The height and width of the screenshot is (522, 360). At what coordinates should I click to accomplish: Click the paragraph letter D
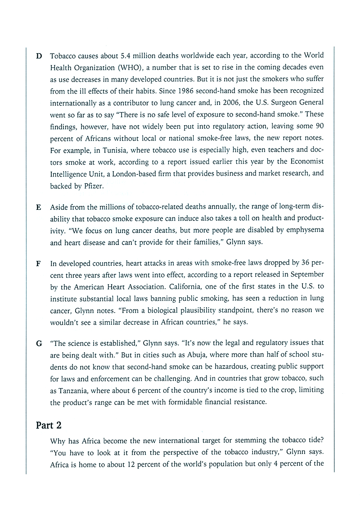coord(39,56)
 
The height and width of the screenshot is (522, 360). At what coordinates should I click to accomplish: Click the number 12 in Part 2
coord(138,462)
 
